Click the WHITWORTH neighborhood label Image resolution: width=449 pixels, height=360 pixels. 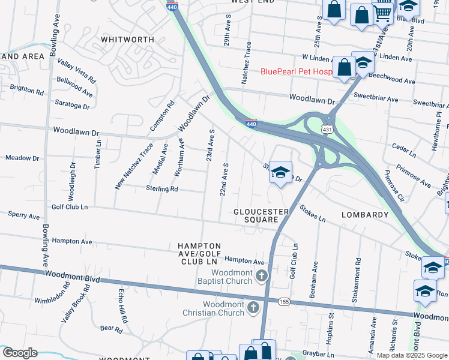(x=127, y=39)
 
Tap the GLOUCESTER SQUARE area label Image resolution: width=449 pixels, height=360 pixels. (x=261, y=216)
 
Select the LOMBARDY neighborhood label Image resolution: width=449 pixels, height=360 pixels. (x=365, y=214)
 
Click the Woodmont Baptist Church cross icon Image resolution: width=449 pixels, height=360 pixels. (x=261, y=276)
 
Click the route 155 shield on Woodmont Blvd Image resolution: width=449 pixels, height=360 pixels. (x=284, y=302)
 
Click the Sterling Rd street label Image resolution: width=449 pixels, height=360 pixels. (x=162, y=188)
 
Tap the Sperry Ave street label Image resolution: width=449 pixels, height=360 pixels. (x=23, y=215)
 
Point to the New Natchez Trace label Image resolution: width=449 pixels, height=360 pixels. (x=130, y=166)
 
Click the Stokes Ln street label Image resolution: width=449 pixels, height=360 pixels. (x=312, y=214)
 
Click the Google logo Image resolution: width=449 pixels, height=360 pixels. (x=19, y=353)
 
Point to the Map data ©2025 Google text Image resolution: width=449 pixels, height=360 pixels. (x=412, y=355)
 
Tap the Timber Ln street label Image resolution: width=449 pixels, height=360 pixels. (x=98, y=155)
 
